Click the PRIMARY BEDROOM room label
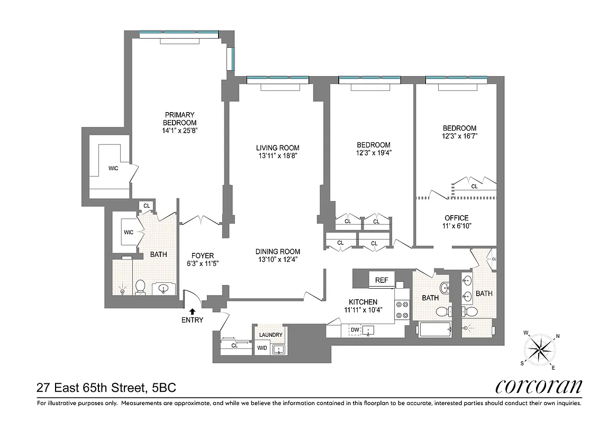[180, 118]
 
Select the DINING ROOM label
[278, 252]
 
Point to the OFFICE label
[456, 218]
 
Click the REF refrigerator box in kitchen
[382, 280]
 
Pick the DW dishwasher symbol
[355, 330]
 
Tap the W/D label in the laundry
[262, 348]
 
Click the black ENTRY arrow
[192, 311]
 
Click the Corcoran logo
[539, 387]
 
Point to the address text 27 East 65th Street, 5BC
[106, 388]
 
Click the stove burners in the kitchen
[402, 310]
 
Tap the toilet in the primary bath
[140, 287]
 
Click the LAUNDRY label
[270, 335]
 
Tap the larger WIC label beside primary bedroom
[113, 168]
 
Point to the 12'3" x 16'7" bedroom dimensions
[459, 136]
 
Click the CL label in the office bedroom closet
[474, 186]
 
